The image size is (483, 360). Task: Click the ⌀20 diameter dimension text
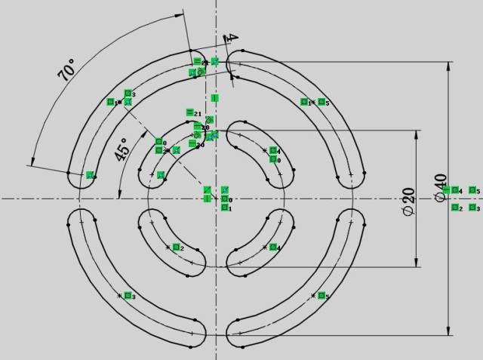coord(408,198)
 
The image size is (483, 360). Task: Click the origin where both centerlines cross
coord(216,198)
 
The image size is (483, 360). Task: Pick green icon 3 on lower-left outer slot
coord(128,296)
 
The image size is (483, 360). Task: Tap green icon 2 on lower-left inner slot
coord(176,248)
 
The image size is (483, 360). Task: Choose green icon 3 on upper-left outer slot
coord(128,94)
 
